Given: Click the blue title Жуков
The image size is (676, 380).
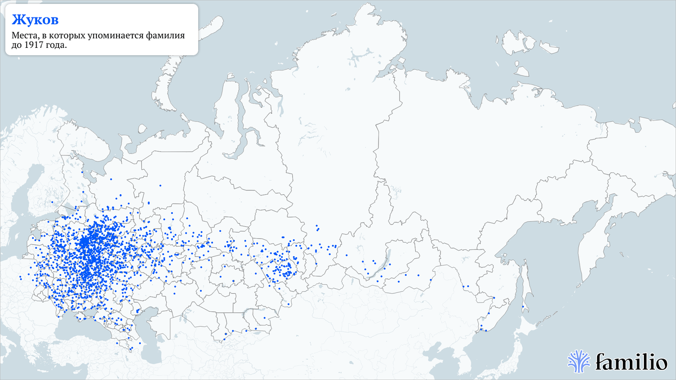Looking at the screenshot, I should [35, 20].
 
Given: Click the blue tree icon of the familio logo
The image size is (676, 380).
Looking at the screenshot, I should [579, 360].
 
